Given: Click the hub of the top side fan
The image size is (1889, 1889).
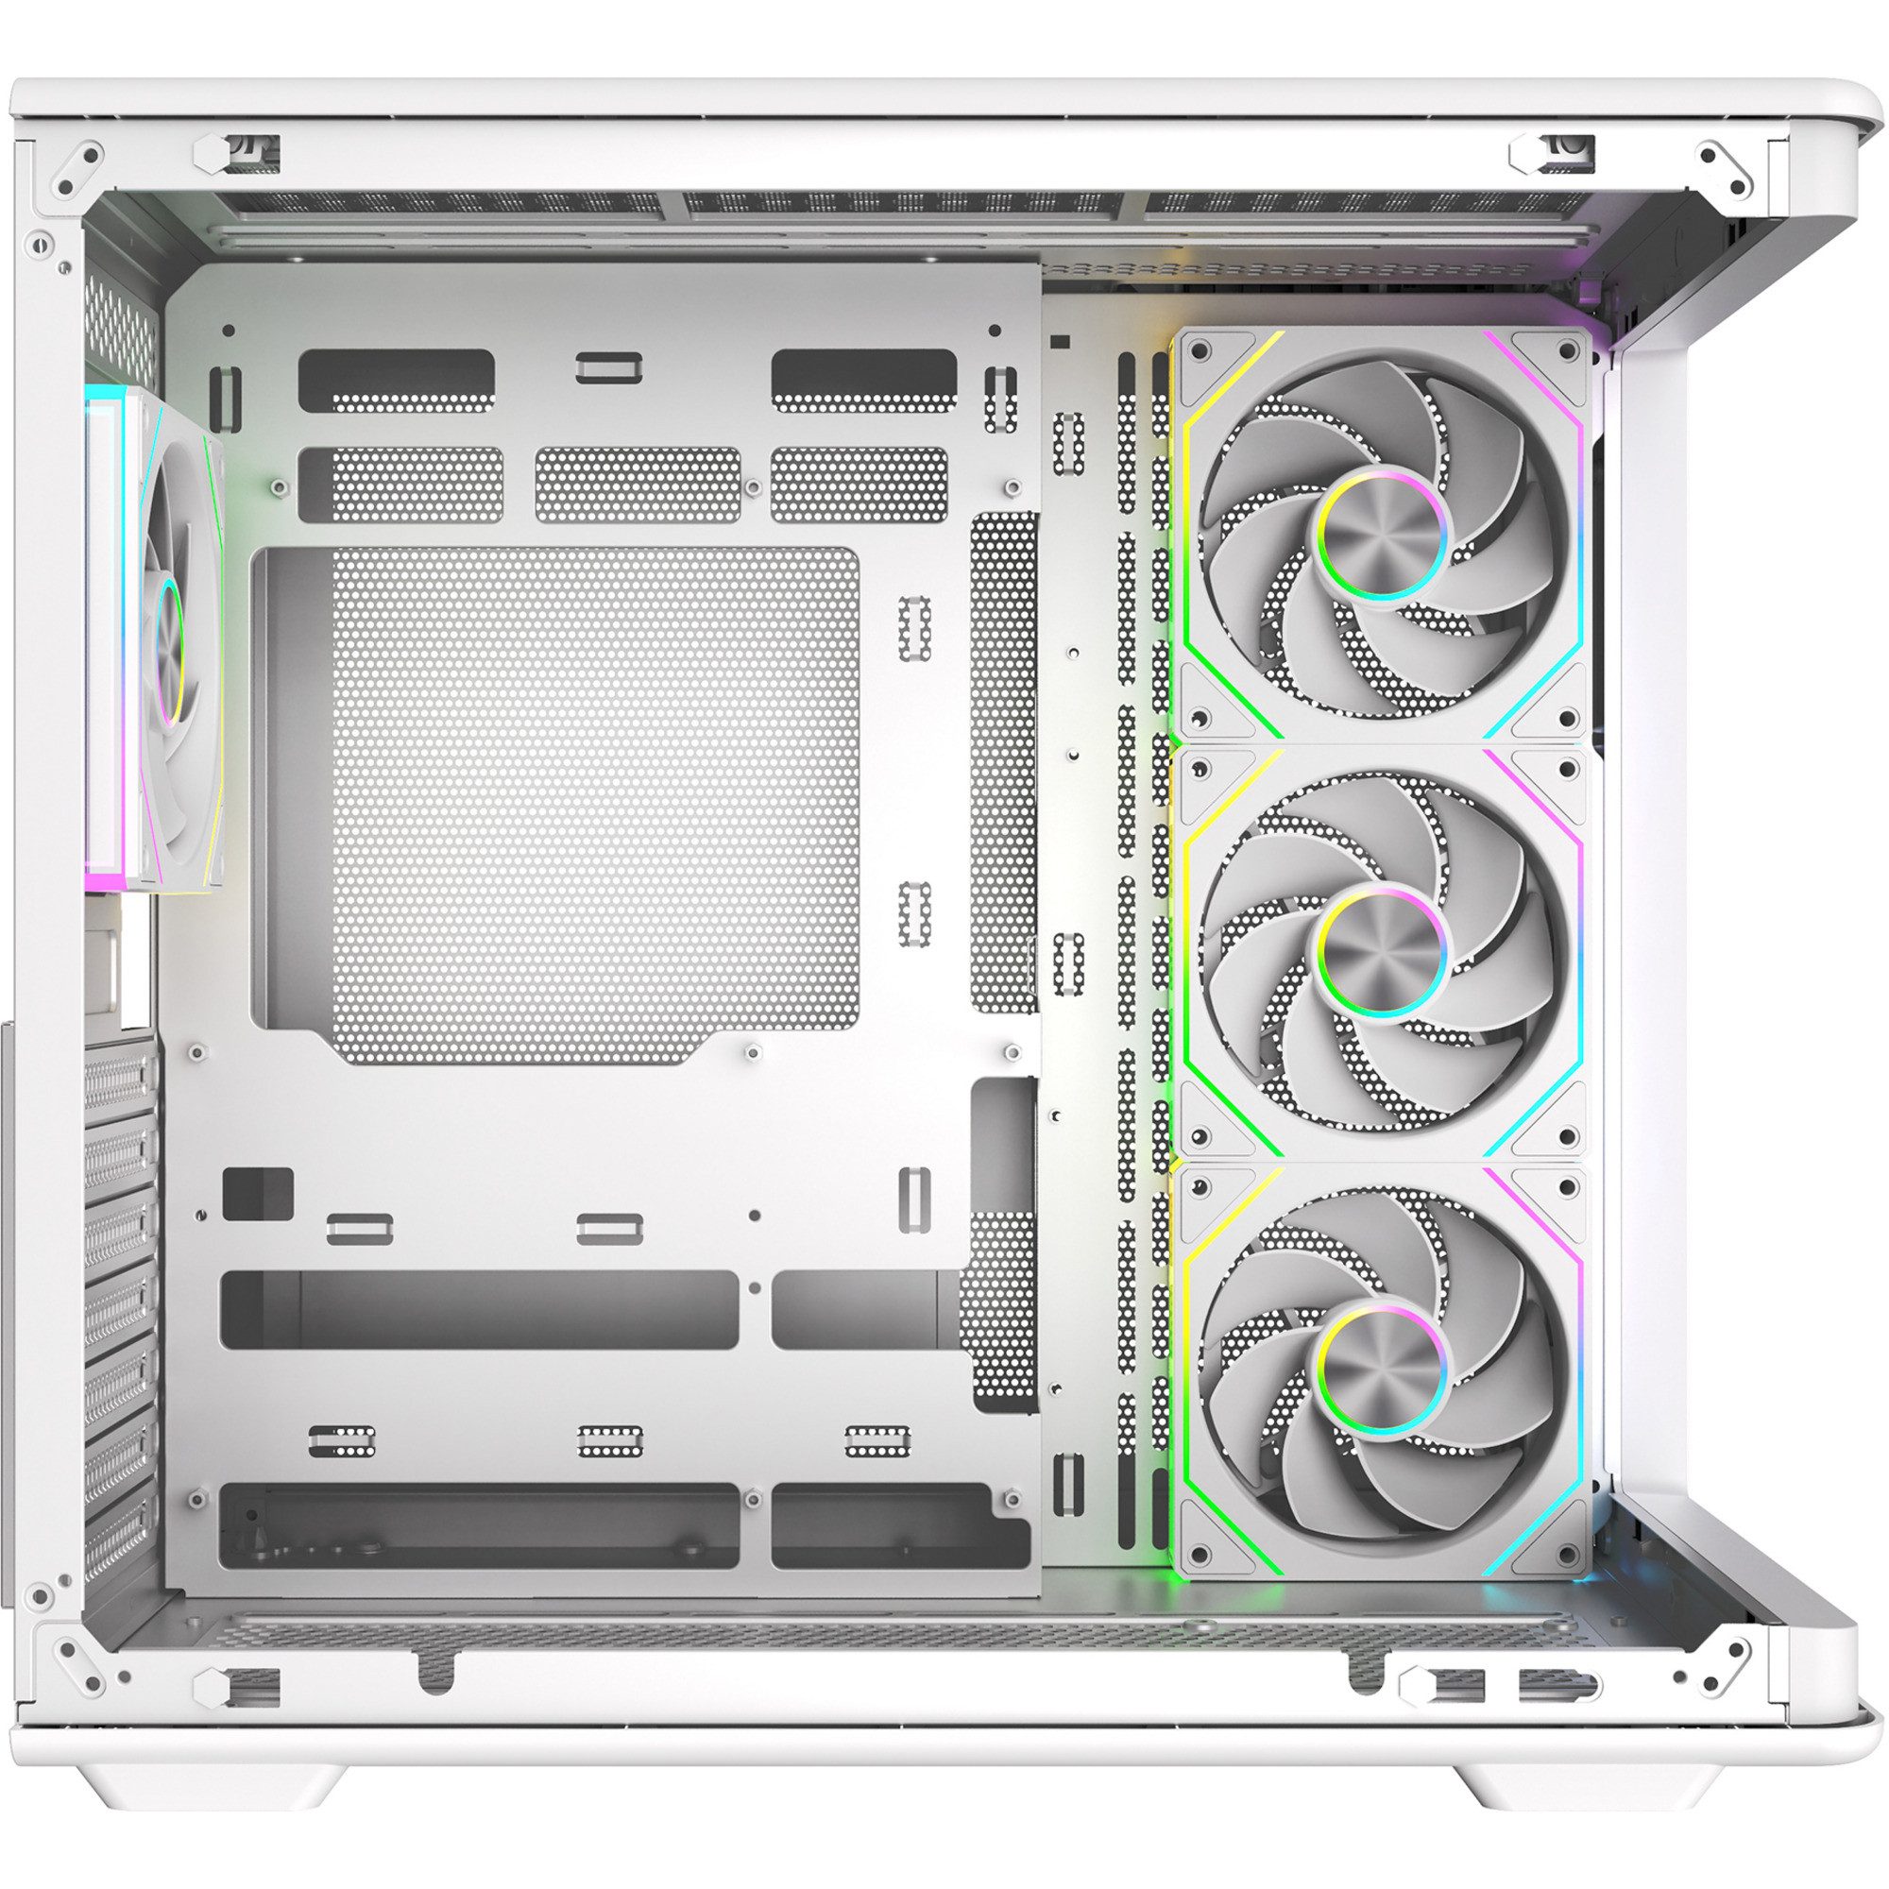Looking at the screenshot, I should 1383,543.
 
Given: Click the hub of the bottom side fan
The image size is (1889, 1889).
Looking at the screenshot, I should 1383,1366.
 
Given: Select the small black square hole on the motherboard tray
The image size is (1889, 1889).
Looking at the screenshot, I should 258,1193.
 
